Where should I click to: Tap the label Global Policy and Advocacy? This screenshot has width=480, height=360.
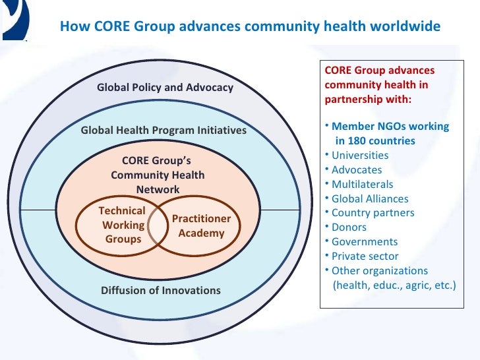165,87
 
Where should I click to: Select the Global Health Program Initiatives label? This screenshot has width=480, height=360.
164,131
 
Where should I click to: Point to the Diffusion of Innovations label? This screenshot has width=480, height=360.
161,290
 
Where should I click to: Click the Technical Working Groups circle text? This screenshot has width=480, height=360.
123,225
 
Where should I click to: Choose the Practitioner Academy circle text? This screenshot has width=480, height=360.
201,225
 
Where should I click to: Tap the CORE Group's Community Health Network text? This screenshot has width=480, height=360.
158,175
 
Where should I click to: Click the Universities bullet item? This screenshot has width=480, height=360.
360,156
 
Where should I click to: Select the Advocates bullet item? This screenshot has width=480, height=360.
357,170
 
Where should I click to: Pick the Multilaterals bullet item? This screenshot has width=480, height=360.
362,185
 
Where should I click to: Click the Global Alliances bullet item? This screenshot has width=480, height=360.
370,198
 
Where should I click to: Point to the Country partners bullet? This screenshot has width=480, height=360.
373,213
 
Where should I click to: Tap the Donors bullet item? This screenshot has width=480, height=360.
350,227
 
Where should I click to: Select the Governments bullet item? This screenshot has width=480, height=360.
365,242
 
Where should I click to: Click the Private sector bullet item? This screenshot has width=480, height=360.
365,256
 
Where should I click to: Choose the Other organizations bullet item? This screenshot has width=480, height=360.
380,271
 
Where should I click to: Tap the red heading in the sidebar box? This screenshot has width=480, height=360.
379,85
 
